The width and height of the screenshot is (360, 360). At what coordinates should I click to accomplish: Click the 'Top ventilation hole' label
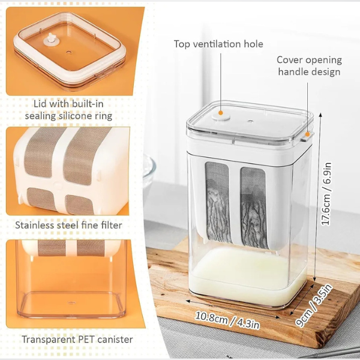[218, 44]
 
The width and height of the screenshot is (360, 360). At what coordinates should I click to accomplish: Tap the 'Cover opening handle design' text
[309, 65]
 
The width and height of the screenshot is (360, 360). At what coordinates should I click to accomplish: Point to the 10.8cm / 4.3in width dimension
[227, 320]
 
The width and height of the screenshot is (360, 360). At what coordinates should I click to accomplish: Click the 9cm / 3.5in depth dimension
[314, 305]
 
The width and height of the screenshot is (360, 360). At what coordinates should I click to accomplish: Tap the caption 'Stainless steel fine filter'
[68, 225]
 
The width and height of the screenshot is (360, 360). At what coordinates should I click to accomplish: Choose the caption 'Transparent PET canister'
[77, 340]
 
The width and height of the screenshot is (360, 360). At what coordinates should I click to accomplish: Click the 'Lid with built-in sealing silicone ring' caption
[68, 110]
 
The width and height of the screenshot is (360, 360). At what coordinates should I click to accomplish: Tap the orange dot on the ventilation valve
[221, 113]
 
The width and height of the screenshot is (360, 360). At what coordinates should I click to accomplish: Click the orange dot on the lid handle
[307, 134]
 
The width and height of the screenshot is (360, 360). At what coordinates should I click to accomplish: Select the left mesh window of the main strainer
[218, 202]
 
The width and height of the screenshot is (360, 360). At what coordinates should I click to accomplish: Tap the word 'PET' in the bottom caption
[88, 340]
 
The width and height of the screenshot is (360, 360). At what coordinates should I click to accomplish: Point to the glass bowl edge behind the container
[149, 167]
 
